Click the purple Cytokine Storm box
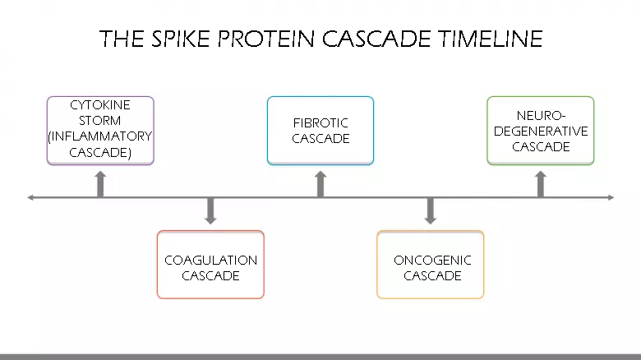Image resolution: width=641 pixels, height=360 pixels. click(100, 130)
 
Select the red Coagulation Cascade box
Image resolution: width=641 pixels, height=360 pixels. click(210, 265)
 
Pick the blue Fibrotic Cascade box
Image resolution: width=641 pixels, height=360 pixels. click(320, 130)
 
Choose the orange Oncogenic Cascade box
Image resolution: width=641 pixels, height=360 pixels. click(431, 265)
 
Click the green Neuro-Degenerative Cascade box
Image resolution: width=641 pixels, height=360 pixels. click(540, 130)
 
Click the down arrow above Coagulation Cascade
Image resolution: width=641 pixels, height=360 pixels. click(210, 211)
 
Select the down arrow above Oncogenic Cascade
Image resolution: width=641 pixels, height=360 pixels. click(431, 211)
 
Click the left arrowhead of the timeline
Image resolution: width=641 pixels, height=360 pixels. click(31, 197)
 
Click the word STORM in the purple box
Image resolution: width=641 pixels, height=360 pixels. click(100, 121)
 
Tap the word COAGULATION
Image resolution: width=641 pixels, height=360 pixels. click(210, 261)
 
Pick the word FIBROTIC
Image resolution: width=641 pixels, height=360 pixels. click(320, 123)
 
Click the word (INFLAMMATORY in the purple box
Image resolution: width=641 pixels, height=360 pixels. click(100, 136)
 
